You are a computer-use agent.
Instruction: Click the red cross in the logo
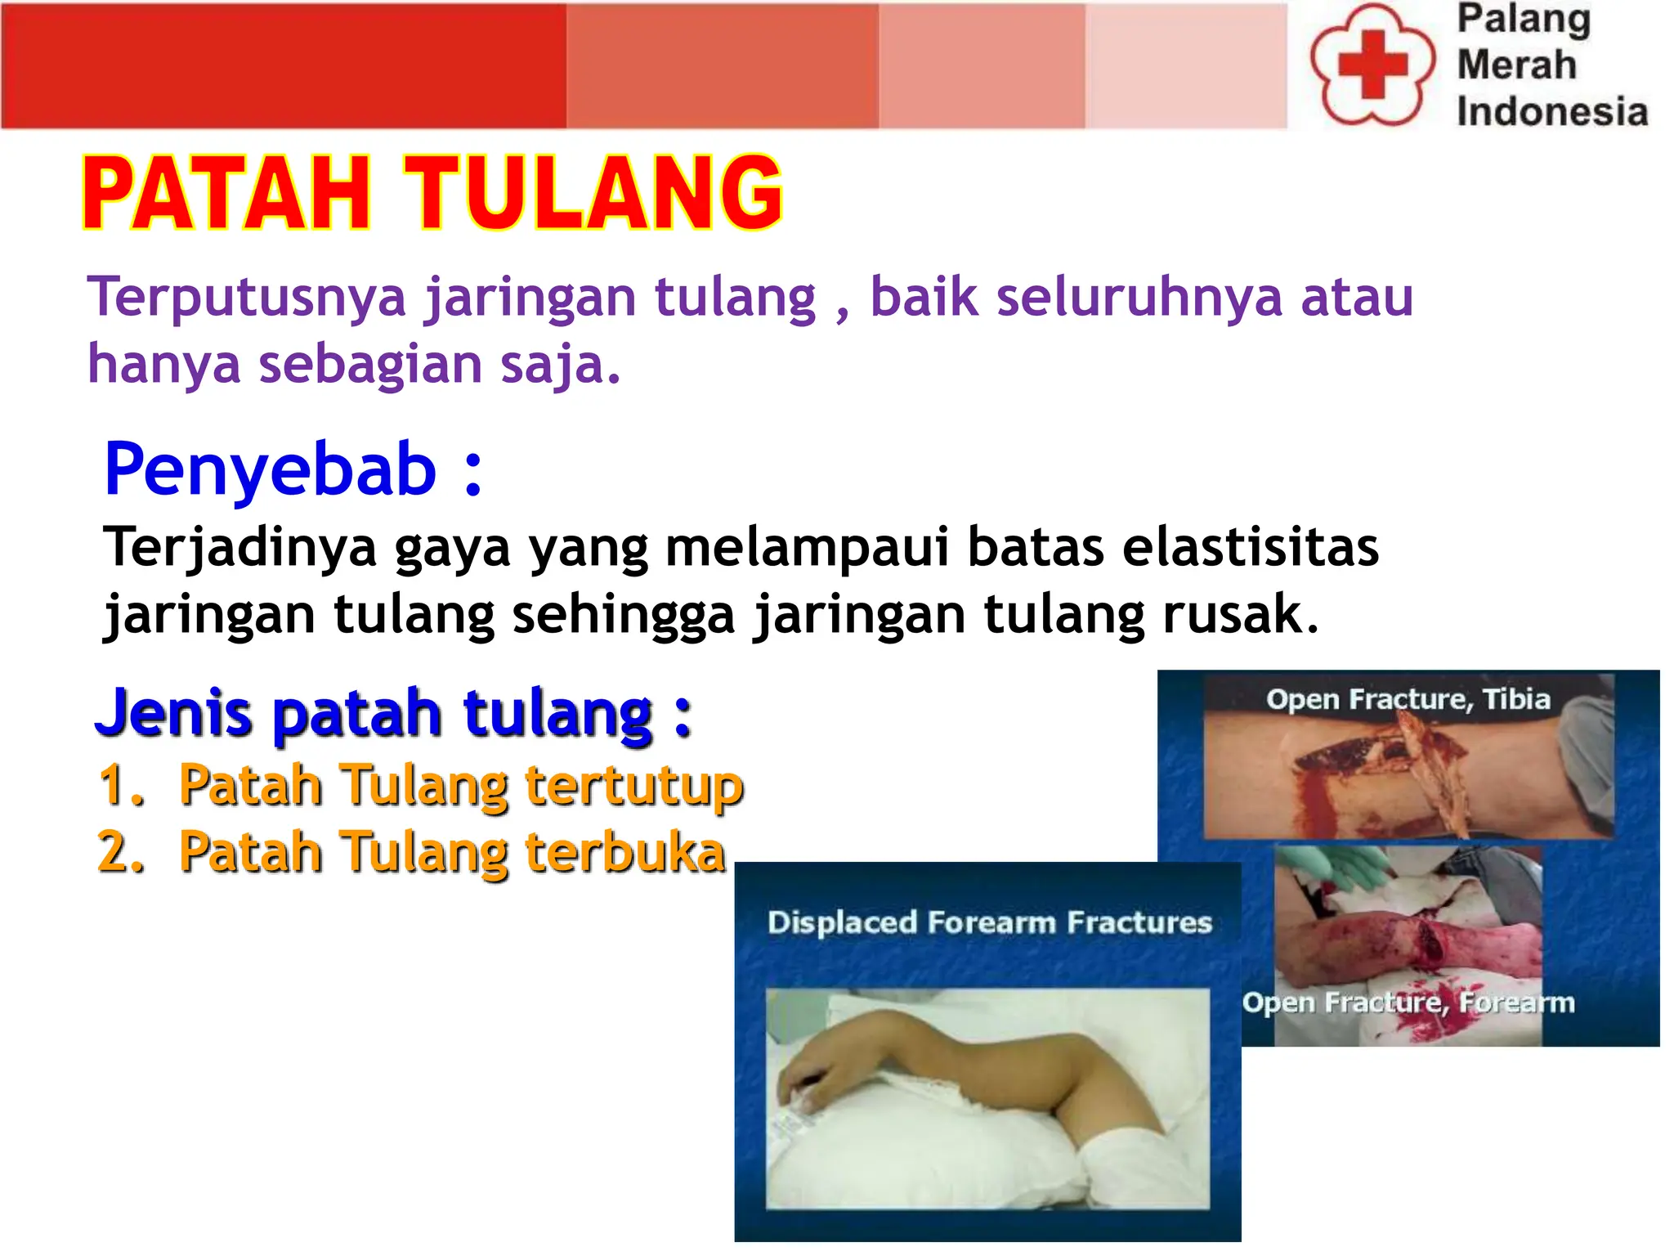tap(1372, 65)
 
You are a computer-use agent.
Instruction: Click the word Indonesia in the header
tap(1551, 112)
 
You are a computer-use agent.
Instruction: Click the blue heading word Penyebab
tap(270, 469)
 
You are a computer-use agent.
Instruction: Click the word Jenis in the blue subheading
tap(173, 713)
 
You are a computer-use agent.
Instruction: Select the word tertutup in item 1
tap(633, 785)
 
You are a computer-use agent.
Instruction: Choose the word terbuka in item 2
tap(624, 852)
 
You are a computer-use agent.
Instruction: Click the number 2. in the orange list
tap(121, 852)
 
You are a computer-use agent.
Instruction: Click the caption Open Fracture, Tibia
tap(1408, 699)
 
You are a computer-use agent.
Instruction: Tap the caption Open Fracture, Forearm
tap(1408, 1003)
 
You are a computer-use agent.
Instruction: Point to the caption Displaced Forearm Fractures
tap(989, 922)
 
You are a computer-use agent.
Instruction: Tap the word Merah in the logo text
tap(1516, 65)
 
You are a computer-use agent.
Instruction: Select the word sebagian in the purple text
tap(370, 365)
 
